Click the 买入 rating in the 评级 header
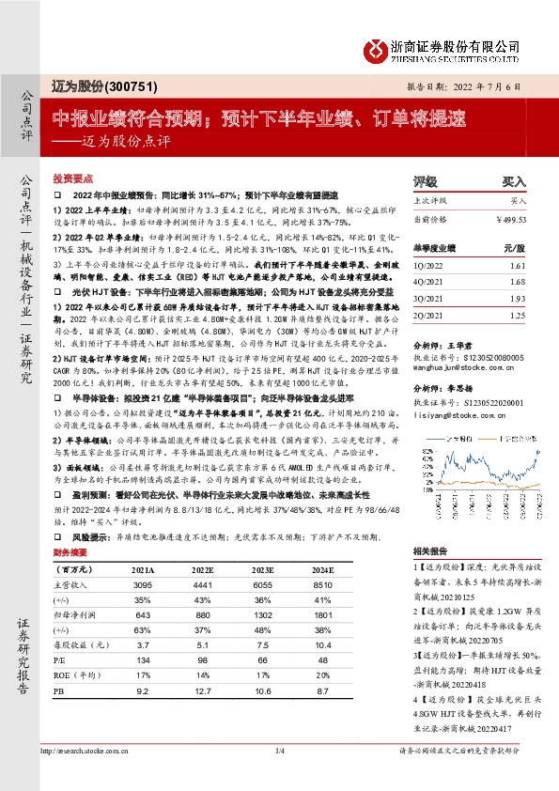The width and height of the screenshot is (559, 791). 513,180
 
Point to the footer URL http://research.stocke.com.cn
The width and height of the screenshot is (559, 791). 89,776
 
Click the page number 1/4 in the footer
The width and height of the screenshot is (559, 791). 279,776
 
